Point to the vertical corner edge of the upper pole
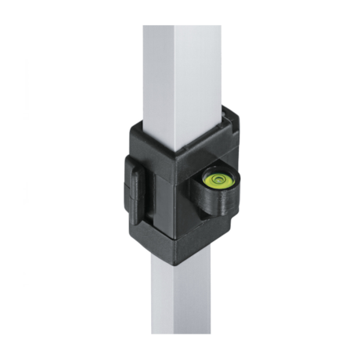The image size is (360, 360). pyautogui.click(x=174, y=78)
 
